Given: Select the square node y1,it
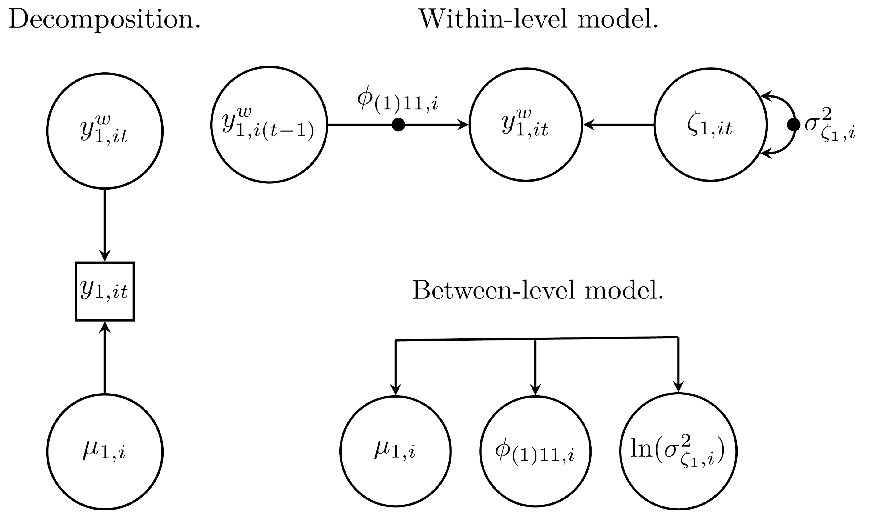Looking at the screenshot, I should pyautogui.click(x=105, y=291).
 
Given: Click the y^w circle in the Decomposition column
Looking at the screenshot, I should pyautogui.click(x=105, y=131).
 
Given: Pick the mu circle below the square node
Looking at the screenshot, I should pyautogui.click(x=105, y=452).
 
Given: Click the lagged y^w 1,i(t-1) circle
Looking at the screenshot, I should pyautogui.click(x=269, y=124).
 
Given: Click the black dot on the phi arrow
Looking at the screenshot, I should pyautogui.click(x=398, y=125).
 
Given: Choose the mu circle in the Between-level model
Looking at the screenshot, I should pyautogui.click(x=395, y=451).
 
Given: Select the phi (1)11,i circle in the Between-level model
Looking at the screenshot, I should pyautogui.click(x=535, y=451).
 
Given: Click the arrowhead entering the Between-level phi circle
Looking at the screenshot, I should pyautogui.click(x=535, y=390).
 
